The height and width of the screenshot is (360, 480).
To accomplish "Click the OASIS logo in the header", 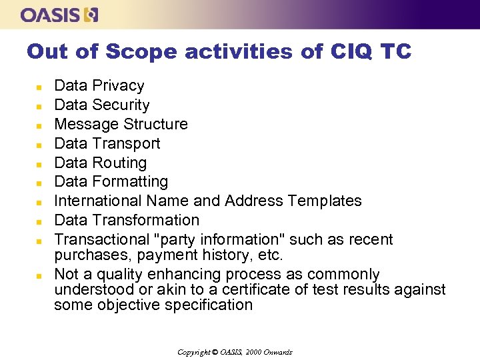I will (59, 15).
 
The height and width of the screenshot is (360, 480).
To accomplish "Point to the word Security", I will (121, 105).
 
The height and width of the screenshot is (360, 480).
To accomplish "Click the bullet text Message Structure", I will (121, 125).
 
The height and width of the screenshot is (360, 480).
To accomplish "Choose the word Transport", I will (127, 144).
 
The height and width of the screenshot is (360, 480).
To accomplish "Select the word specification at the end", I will (207, 306).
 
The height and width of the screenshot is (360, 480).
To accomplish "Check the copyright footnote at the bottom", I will (235, 352).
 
